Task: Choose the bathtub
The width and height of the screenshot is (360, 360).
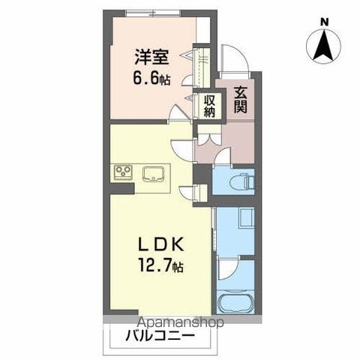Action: coord(236,304)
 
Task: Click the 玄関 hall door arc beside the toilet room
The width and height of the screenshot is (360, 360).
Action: coord(222,157)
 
